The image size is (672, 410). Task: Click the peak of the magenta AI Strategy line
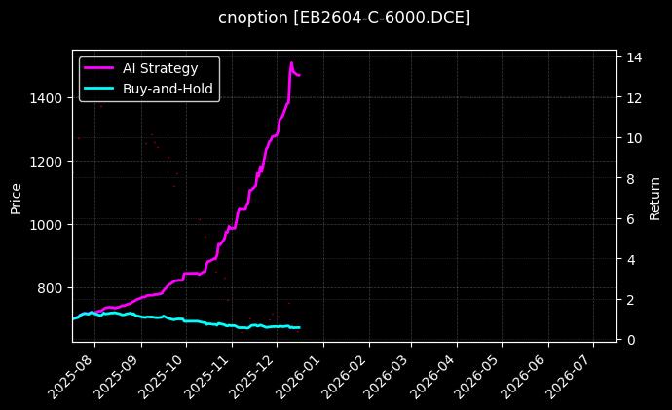pyautogui.click(x=291, y=63)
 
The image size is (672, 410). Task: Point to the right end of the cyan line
pyautogui.click(x=299, y=327)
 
